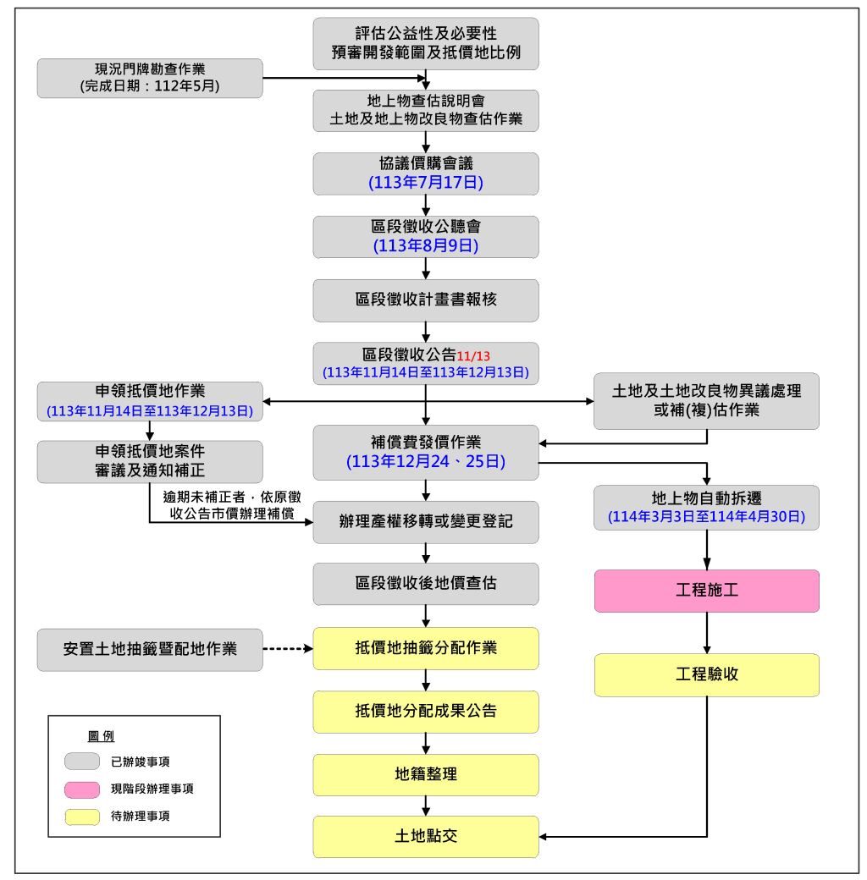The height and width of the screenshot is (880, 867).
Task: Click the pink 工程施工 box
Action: [706, 591]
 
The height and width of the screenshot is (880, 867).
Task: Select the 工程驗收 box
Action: [706, 674]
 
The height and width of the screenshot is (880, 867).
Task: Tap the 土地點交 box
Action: [425, 837]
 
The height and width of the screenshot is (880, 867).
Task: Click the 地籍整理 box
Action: [425, 774]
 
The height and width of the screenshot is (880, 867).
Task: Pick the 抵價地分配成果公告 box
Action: [425, 712]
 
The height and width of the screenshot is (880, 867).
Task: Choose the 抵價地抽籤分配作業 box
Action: [425, 648]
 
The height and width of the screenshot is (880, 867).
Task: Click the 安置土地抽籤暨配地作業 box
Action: [150, 650]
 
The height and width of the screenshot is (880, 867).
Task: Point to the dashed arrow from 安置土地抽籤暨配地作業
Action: [287, 650]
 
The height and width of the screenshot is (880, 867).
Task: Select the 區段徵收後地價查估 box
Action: [425, 584]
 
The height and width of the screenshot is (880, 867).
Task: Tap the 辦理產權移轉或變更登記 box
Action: [425, 522]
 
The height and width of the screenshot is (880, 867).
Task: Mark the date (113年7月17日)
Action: [425, 182]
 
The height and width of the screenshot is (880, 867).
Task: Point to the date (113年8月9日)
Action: [425, 246]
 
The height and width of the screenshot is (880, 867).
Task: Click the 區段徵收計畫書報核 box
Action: [425, 300]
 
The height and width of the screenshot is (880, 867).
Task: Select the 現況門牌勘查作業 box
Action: [150, 78]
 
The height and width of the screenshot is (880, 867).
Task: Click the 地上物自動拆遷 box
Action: [706, 508]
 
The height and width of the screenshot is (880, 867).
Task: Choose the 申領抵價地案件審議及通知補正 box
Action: [150, 462]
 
